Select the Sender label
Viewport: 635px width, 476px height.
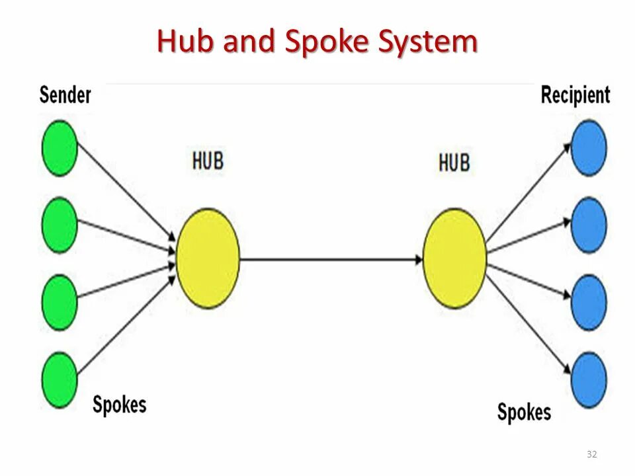(x=65, y=95)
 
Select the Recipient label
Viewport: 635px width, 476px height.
(x=575, y=95)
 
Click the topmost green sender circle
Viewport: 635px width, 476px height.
(x=60, y=147)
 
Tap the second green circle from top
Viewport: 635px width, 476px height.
(x=60, y=225)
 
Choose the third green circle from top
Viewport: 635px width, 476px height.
(x=60, y=303)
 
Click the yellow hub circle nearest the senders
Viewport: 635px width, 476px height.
(x=208, y=258)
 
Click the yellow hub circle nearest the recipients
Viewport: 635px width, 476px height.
(x=454, y=258)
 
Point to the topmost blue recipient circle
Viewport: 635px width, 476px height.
(x=589, y=147)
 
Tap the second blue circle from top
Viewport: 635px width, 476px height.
(x=589, y=225)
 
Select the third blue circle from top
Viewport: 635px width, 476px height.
(x=589, y=303)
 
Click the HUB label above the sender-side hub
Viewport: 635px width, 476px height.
(x=208, y=161)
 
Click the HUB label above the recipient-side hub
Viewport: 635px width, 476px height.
(x=454, y=163)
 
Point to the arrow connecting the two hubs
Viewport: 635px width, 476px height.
(x=331, y=259)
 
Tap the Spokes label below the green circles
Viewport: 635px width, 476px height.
(x=119, y=404)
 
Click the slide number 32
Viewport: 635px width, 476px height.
(x=591, y=454)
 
